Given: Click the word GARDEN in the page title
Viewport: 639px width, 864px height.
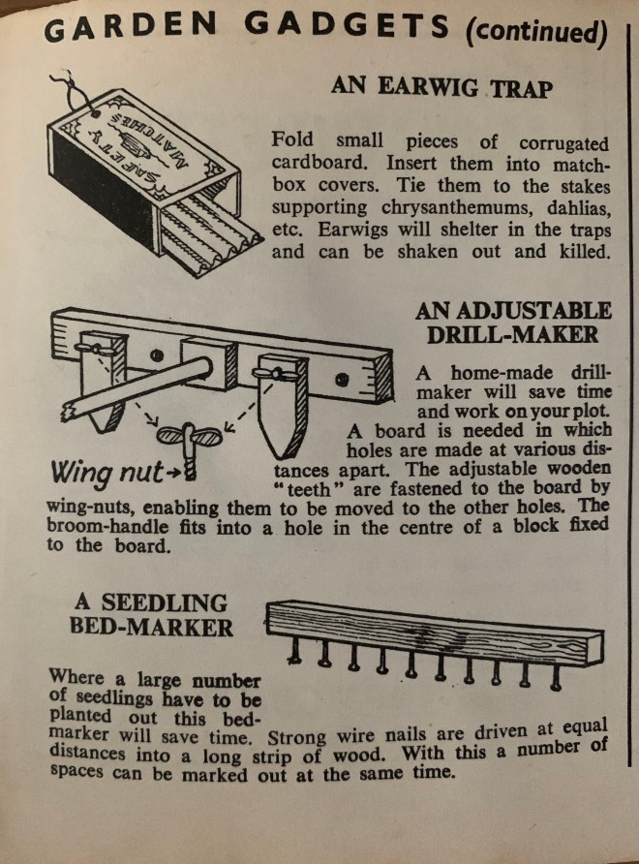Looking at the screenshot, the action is (130, 27).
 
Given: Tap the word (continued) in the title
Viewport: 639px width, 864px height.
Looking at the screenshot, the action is (536, 32).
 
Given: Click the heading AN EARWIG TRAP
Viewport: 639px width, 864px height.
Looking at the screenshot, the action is (441, 87).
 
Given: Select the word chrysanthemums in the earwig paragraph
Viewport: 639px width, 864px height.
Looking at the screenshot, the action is (456, 208).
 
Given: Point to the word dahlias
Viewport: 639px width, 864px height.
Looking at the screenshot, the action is (579, 209).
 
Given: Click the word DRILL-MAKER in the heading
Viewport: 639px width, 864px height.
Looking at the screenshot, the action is (512, 334).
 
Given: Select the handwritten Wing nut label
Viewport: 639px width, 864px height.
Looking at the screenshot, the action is (107, 473).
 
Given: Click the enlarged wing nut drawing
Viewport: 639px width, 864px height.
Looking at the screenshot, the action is (190, 447).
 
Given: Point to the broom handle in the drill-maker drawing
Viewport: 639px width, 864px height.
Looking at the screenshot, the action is (137, 386).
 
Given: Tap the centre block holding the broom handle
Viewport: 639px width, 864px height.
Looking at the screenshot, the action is (209, 363).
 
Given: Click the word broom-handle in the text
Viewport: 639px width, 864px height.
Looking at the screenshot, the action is (107, 526).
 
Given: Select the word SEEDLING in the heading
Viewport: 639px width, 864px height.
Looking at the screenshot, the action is (164, 602).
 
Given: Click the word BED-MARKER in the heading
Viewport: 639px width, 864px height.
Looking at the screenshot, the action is (151, 628).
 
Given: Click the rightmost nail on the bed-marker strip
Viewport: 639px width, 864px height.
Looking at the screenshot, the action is (556, 677).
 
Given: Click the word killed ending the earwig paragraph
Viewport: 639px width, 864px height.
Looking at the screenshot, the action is (585, 251).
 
